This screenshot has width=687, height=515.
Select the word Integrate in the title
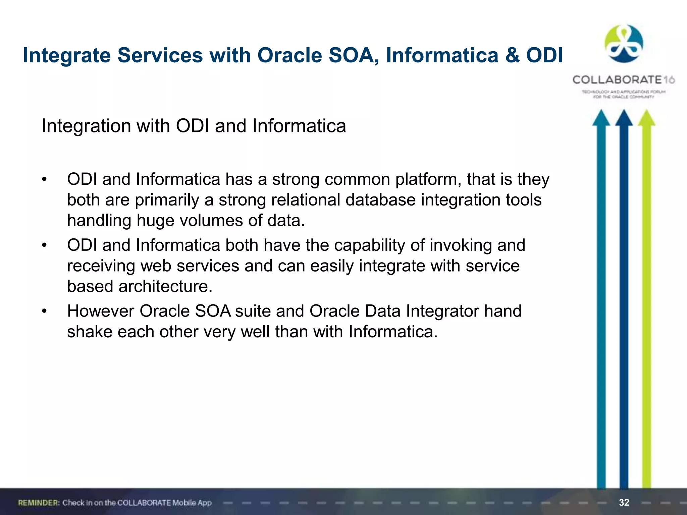pos(66,55)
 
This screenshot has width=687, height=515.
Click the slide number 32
pos(624,502)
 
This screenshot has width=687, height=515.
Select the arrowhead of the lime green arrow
pos(646,118)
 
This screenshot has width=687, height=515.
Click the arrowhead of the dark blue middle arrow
pos(624,118)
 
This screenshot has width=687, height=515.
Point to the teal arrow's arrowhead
pos(601,118)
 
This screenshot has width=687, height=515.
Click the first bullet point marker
pos(44,180)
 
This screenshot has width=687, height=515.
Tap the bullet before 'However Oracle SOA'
pos(44,311)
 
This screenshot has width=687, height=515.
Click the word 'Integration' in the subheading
pos(86,126)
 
